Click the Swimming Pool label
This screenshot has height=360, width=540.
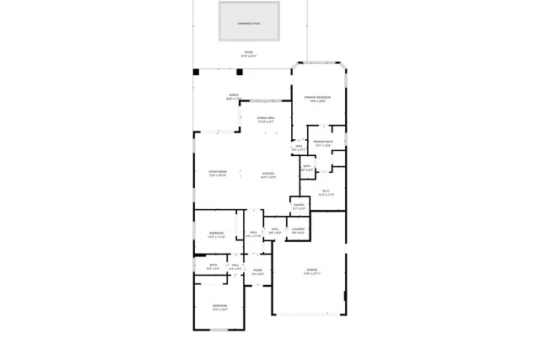tap(249, 23)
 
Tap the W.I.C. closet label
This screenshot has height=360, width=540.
tap(327, 193)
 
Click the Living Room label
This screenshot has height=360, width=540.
tap(218, 174)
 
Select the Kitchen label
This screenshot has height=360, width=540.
tap(268, 175)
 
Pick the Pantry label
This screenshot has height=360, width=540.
tap(299, 207)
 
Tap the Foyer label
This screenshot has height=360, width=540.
tap(258, 272)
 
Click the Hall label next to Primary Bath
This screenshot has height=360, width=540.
tap(298, 148)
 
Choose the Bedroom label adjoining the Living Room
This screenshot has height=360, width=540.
tap(217, 235)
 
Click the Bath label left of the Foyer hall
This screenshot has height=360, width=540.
tap(213, 266)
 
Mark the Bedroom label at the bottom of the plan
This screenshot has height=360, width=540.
tap(219, 308)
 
